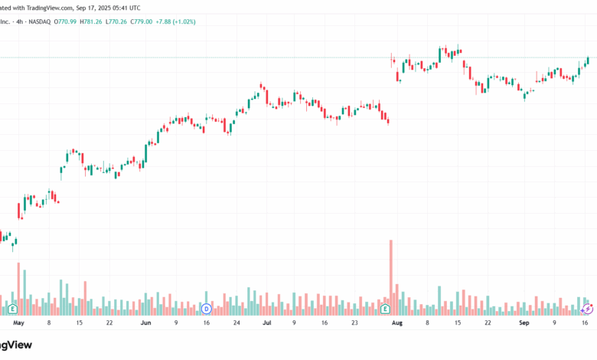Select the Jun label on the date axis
click(146, 323)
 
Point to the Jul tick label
click(267, 323)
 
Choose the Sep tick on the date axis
click(524, 323)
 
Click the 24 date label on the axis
click(237, 323)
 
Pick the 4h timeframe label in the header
click(19, 21)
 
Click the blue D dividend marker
click(206, 309)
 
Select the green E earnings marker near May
click(13, 309)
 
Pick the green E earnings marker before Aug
click(385, 309)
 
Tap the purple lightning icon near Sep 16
click(588, 309)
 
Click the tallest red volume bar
click(391, 276)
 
